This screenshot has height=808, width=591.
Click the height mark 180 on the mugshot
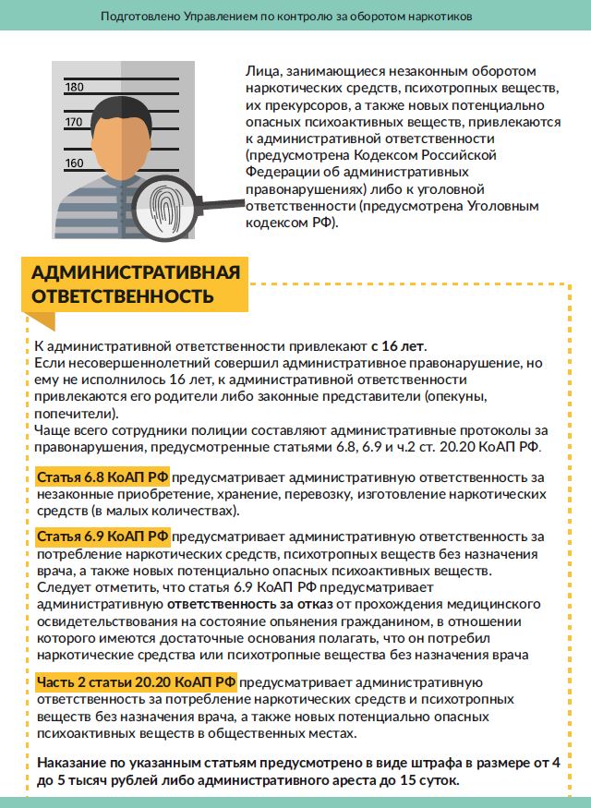[75, 88]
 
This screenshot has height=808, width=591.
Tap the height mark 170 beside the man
[75, 122]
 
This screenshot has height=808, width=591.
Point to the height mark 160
[75, 163]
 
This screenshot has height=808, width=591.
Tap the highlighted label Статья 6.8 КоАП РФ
[103, 478]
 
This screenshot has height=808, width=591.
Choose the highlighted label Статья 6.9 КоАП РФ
[103, 537]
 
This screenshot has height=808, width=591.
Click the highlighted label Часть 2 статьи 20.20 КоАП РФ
[136, 682]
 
